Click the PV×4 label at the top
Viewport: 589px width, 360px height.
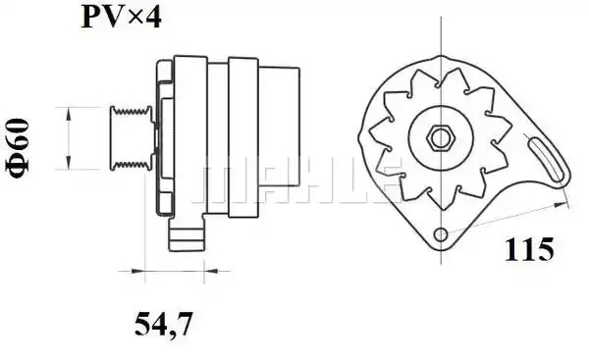click(122, 18)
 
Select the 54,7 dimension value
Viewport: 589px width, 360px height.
click(163, 324)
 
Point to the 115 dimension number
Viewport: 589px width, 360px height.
click(529, 249)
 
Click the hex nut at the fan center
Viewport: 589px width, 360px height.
click(440, 137)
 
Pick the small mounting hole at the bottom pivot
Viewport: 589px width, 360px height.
click(441, 235)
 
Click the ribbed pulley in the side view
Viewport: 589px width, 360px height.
click(131, 138)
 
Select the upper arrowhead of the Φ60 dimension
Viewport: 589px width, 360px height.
click(69, 114)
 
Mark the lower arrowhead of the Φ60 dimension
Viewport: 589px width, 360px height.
click(69, 162)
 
